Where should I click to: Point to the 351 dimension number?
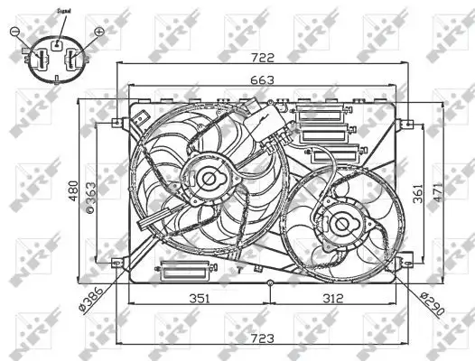point(200,298)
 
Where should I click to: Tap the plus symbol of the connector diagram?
point(99,32)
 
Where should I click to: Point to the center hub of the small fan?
point(342,222)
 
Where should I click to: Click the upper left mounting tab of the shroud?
point(116,123)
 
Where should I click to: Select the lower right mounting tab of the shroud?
point(404,262)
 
